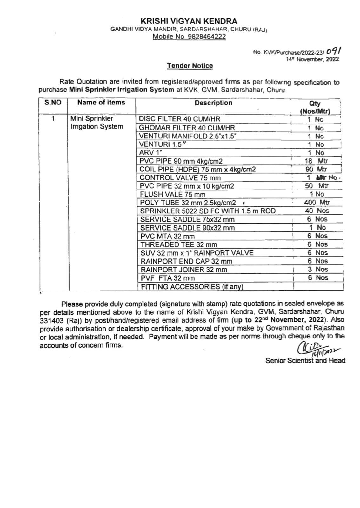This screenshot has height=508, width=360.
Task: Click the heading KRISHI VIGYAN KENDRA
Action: [x=189, y=21]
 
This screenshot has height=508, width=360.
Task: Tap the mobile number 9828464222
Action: [x=207, y=37]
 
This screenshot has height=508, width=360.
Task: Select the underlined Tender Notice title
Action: [x=190, y=66]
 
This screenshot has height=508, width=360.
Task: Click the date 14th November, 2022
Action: [x=312, y=59]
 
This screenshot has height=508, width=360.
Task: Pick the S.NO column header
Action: [x=53, y=103]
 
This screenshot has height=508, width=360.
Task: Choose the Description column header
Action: [x=213, y=103]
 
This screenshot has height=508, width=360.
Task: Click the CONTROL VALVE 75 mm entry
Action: [x=180, y=178]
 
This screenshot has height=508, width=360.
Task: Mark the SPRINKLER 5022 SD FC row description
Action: [x=208, y=211]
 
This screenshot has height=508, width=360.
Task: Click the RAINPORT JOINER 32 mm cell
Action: [x=184, y=270]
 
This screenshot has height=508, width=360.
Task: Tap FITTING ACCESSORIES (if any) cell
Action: [x=192, y=287]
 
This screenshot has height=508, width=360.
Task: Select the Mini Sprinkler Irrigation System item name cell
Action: [x=97, y=123]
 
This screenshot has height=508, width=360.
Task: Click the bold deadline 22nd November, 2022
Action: [x=290, y=320]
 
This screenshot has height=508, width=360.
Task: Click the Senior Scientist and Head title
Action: [x=305, y=360]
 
